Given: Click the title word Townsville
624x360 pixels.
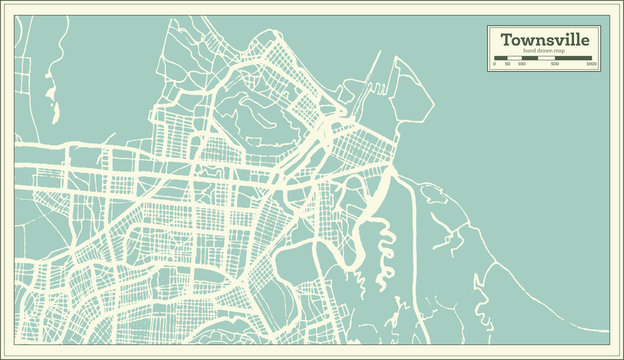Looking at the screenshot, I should [x=545, y=39].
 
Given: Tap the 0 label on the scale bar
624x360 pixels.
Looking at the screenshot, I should [x=495, y=65].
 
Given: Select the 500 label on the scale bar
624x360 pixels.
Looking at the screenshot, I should [x=554, y=65].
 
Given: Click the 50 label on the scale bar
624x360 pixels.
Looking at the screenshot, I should [x=507, y=65].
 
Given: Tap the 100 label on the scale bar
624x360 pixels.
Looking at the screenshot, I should [x=519, y=65].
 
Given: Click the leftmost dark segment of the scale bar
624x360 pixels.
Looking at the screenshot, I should [x=500, y=58].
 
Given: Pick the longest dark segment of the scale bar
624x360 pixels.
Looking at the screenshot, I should [x=574, y=58].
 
